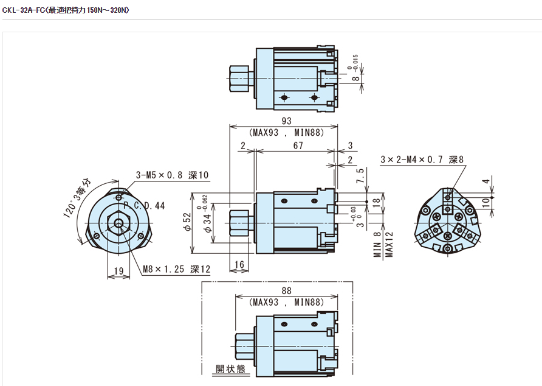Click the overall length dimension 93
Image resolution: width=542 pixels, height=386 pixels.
(x=285, y=122)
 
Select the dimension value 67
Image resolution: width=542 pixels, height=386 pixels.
(x=298, y=146)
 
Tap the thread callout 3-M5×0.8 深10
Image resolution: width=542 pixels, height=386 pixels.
(x=173, y=175)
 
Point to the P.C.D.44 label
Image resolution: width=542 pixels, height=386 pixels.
(x=144, y=206)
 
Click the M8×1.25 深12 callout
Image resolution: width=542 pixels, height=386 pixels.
(x=176, y=269)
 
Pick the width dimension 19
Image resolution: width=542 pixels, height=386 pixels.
(x=118, y=272)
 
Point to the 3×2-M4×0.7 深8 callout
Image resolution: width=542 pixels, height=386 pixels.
(x=422, y=160)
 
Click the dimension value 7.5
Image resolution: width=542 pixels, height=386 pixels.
(x=360, y=175)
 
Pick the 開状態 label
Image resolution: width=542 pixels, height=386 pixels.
(x=229, y=369)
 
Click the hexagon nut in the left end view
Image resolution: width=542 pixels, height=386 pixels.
(x=117, y=225)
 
